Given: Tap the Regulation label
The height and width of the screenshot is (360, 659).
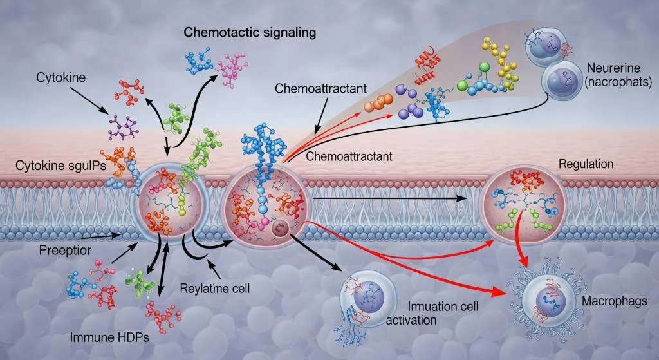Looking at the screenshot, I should tap(586, 164).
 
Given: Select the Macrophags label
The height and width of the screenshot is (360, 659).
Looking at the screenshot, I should tap(609, 301).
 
